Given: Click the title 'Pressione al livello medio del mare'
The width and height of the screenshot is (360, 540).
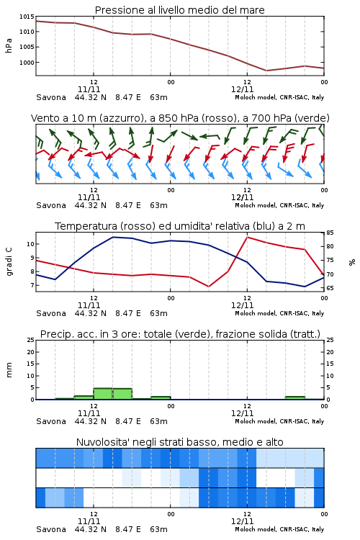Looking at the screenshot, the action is click(x=179, y=10).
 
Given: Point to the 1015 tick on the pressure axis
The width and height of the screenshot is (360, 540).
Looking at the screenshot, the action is click(x=27, y=17).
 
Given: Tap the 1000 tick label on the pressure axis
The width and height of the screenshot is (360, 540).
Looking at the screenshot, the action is click(x=27, y=63).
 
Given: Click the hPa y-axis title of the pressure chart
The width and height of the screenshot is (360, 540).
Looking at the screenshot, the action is click(x=9, y=45).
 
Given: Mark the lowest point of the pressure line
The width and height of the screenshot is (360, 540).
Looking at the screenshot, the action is click(x=266, y=71).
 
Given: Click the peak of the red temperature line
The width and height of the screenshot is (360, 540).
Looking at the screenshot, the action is click(x=247, y=237).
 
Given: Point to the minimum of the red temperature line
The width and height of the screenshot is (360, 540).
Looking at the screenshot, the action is click(x=209, y=287).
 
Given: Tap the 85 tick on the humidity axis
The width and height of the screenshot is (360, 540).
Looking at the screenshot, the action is click(x=330, y=233).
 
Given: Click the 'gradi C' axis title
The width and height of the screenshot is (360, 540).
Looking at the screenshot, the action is click(x=9, y=262).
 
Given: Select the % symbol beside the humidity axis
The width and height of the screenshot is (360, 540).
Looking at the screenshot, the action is click(x=352, y=262).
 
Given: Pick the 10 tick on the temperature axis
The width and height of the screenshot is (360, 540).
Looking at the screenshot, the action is click(x=30, y=244).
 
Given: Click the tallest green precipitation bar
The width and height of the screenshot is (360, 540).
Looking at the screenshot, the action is click(x=103, y=394).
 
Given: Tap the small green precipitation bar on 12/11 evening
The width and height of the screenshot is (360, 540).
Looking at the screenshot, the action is click(x=295, y=397).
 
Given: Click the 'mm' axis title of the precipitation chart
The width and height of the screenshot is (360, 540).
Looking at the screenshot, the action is click(x=9, y=370).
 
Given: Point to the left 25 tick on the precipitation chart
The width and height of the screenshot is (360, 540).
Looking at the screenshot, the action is click(x=30, y=340).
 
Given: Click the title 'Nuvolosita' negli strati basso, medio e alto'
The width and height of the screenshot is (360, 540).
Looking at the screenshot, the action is click(x=179, y=442).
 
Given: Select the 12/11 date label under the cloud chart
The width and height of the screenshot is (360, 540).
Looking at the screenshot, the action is click(x=242, y=521).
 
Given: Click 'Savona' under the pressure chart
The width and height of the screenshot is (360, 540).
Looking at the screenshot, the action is click(x=51, y=97).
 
